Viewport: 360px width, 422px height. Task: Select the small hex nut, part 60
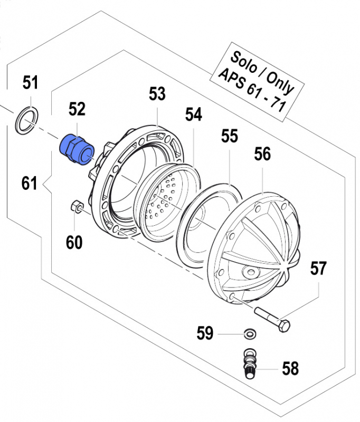(x=75, y=206)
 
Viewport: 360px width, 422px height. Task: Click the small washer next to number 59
(x=249, y=333)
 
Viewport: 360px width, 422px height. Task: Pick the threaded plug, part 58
(x=249, y=363)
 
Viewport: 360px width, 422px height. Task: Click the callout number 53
(x=157, y=94)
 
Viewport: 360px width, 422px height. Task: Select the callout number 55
(x=230, y=136)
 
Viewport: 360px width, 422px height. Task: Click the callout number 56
(x=262, y=155)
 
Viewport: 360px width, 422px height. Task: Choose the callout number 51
(x=30, y=83)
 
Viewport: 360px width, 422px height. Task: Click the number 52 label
(x=77, y=109)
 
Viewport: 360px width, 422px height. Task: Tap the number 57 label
(x=318, y=270)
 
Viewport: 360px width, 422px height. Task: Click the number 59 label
(x=205, y=333)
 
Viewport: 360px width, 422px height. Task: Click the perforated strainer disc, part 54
(x=164, y=200)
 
